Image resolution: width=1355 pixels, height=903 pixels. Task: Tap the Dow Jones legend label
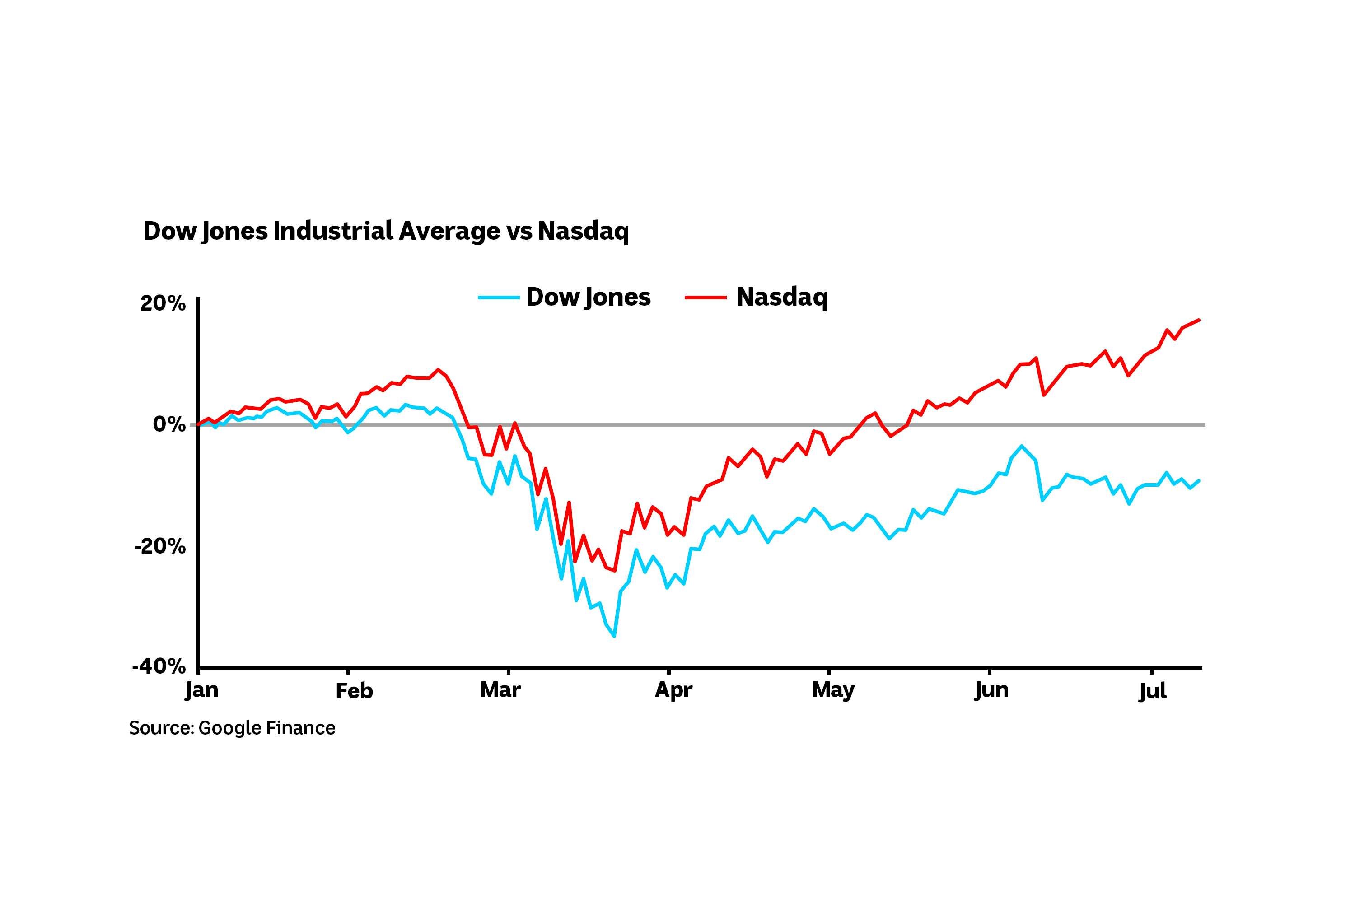(588, 297)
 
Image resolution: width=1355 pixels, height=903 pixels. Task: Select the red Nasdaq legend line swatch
(705, 298)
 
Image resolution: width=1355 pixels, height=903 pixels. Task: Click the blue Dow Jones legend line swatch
(498, 298)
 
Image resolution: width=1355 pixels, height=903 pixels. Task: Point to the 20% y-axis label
(163, 303)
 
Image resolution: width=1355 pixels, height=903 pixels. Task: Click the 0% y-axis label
(169, 424)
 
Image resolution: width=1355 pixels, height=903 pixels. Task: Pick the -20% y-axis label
(160, 546)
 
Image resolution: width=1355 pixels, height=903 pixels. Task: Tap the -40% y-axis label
(159, 666)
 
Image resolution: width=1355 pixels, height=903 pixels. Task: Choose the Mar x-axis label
(500, 689)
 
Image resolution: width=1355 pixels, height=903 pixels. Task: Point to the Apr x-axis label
(673, 689)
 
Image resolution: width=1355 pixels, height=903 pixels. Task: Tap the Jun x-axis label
(991, 689)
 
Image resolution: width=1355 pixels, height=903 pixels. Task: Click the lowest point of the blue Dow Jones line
(615, 636)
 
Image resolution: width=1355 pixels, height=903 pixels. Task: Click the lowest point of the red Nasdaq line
(615, 571)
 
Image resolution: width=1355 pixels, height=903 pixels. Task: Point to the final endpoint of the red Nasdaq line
(1199, 320)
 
